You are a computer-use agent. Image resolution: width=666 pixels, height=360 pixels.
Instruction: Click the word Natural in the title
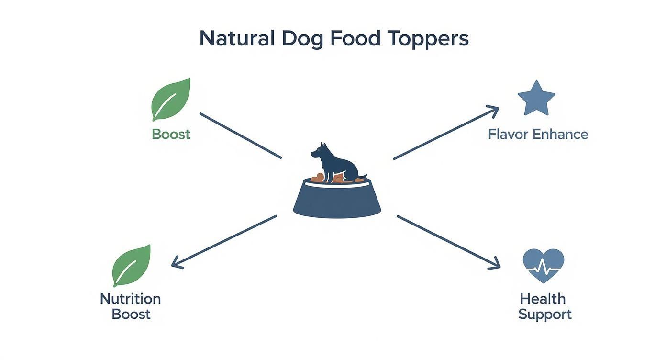(x=237, y=38)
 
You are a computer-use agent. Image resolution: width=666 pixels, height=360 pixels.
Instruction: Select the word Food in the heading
(x=355, y=38)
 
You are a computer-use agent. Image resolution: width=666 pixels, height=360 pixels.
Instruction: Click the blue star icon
(x=536, y=98)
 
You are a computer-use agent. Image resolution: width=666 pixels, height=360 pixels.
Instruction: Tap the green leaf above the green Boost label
(x=171, y=99)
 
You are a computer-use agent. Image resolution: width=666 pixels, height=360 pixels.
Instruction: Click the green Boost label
(x=171, y=134)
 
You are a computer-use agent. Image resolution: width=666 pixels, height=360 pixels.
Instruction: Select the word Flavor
(x=508, y=134)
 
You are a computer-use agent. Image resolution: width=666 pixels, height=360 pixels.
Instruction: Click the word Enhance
(x=560, y=134)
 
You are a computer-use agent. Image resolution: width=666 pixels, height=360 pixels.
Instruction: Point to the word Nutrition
(x=130, y=299)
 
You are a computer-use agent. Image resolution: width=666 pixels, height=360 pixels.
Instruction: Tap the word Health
(x=543, y=299)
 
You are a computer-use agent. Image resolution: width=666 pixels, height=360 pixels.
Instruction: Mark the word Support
(x=544, y=315)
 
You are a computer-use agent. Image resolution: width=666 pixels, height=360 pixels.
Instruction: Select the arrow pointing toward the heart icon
(x=448, y=241)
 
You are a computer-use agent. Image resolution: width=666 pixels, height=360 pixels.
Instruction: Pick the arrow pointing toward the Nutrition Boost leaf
(x=223, y=240)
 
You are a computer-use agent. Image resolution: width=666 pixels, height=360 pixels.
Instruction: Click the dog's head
(x=319, y=151)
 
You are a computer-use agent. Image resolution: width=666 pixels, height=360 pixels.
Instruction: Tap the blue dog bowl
(x=337, y=201)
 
